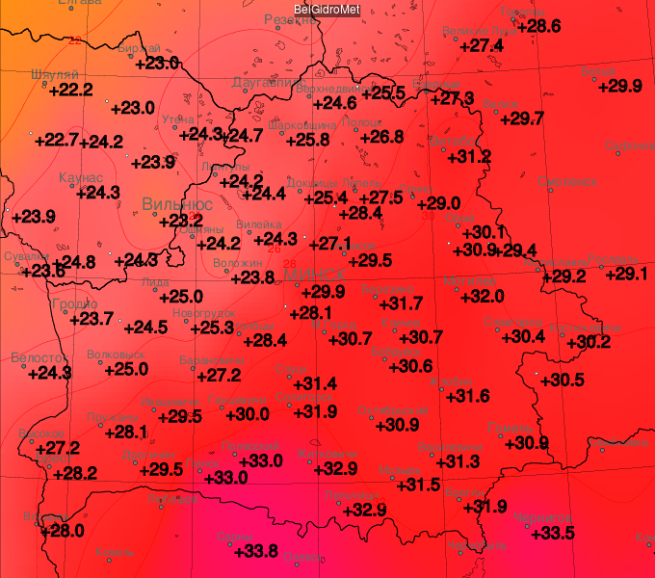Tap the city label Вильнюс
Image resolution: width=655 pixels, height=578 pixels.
177,204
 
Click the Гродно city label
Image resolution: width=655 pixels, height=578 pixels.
74,303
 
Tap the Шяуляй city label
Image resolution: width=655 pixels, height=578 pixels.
55,74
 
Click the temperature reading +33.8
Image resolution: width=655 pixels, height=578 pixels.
255,551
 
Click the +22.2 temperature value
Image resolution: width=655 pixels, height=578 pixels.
70,90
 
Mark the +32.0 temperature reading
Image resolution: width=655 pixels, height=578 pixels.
482,296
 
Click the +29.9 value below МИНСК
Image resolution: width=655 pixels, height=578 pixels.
322,292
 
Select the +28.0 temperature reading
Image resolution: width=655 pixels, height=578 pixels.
62,530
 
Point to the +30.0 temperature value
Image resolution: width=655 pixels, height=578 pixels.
247,414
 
